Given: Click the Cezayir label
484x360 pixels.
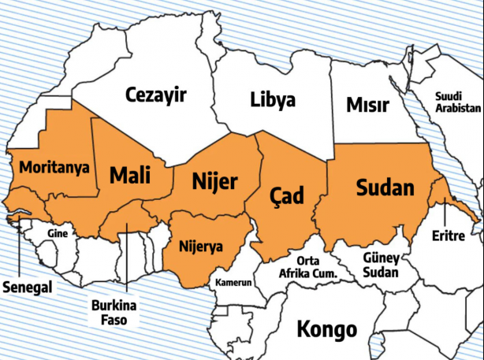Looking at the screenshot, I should click(x=155, y=96).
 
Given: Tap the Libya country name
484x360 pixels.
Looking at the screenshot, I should click(x=273, y=100).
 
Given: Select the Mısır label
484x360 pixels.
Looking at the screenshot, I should click(x=366, y=105).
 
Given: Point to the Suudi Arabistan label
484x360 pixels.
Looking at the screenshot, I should click(x=457, y=101).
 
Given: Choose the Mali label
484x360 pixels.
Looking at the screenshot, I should click(x=130, y=174).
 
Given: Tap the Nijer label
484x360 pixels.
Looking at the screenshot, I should click(x=214, y=183).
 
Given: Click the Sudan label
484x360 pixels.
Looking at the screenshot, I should click(x=385, y=187).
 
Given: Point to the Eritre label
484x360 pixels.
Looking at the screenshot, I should click(x=449, y=236).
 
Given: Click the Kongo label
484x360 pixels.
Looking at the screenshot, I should click(x=326, y=328).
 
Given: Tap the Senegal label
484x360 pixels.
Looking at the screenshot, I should click(x=27, y=287).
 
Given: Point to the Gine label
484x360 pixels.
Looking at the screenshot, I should click(x=58, y=233).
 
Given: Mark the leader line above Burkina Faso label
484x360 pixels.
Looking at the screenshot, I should click(x=126, y=260).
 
